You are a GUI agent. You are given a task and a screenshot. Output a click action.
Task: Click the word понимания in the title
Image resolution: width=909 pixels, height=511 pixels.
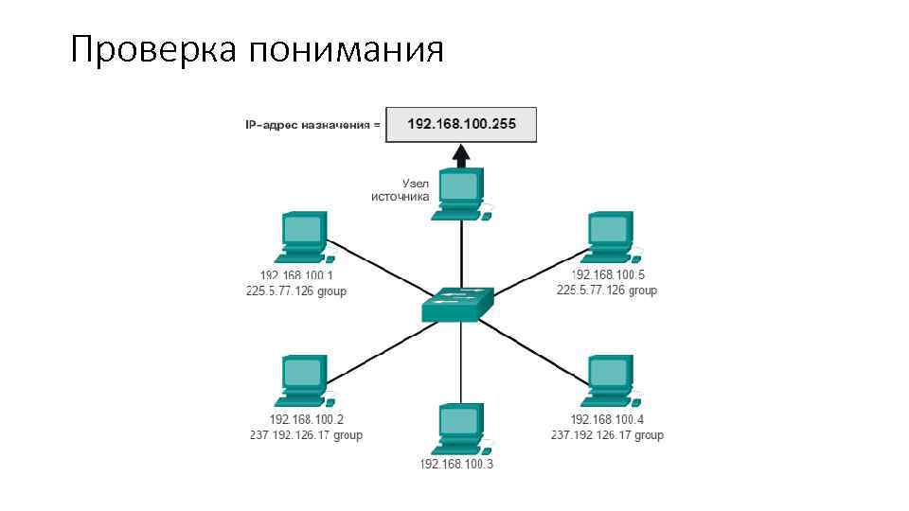click(346, 49)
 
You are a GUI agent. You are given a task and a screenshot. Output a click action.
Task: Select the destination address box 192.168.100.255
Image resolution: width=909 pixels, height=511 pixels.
click(461, 125)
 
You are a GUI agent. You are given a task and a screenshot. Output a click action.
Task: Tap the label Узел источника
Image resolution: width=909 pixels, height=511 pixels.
click(401, 189)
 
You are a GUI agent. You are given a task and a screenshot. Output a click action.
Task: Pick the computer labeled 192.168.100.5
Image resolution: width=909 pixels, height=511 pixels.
click(610, 238)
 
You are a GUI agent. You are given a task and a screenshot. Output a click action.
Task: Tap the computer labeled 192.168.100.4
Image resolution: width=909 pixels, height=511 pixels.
click(610, 381)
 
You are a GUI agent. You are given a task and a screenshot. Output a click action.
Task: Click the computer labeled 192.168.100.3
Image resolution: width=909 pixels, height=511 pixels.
click(461, 430)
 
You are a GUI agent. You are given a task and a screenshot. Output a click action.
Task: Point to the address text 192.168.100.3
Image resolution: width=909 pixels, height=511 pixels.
click(456, 465)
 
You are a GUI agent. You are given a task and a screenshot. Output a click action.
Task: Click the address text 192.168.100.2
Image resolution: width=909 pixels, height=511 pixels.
click(307, 419)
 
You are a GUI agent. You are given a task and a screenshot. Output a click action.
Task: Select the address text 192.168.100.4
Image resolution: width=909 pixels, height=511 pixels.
click(607, 419)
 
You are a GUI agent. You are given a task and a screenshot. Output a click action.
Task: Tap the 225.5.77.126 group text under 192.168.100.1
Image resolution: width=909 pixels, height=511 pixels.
click(296, 291)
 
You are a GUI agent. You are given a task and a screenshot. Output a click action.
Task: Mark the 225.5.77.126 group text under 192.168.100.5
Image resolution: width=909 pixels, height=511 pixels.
click(607, 291)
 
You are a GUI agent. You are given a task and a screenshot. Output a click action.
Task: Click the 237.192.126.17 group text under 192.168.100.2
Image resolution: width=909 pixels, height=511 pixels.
click(306, 435)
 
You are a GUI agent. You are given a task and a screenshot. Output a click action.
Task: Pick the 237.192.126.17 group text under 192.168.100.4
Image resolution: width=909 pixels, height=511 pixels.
click(607, 435)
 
